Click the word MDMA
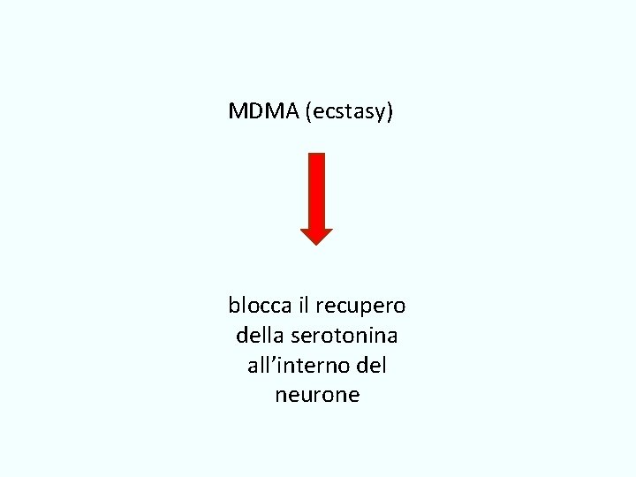263,111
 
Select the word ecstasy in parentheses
349,112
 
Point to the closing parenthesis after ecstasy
390,112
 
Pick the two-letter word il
304,306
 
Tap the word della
257,336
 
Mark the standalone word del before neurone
372,365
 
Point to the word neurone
317,395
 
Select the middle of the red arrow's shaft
316,191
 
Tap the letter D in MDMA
254,111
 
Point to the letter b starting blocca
234,306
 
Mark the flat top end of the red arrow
316,155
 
